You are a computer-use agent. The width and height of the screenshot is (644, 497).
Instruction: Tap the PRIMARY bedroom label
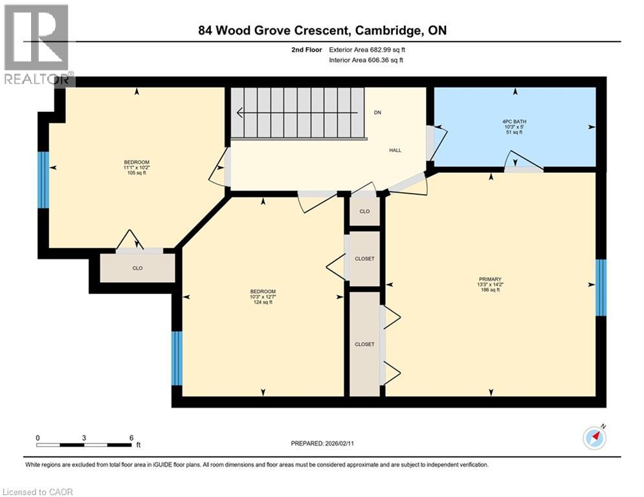(490, 285)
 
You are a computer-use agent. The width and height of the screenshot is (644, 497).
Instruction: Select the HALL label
(395, 150)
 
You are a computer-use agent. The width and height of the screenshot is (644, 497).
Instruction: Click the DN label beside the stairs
(378, 113)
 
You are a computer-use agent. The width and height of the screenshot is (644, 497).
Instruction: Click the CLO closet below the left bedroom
(137, 268)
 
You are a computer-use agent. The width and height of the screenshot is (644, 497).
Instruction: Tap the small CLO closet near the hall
(364, 211)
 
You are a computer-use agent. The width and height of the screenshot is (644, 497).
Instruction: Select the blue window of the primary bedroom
(601, 287)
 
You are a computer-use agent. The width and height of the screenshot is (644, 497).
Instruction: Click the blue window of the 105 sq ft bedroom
(43, 180)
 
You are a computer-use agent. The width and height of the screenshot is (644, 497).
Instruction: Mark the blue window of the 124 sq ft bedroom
(177, 358)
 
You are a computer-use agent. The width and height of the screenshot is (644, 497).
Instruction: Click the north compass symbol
(594, 437)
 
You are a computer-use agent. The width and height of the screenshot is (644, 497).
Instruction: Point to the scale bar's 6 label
(131, 437)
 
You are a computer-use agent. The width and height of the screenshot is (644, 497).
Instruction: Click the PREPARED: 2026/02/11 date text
(324, 443)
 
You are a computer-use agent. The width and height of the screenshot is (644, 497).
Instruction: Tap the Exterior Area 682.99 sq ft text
(367, 49)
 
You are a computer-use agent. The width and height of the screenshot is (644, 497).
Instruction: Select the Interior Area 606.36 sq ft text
(367, 60)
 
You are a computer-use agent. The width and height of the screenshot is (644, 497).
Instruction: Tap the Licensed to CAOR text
(38, 492)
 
